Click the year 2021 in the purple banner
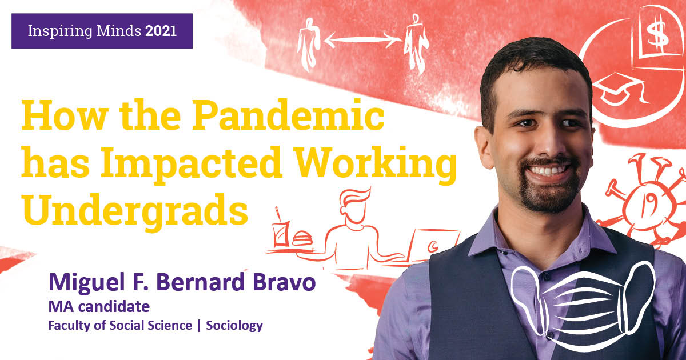point(161,31)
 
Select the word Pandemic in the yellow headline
point(288,115)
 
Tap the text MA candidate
point(99,307)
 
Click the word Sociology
point(234,326)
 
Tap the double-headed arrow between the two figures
point(363,40)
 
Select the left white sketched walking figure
point(308,45)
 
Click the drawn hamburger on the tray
point(302,238)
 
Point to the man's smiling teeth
point(548,170)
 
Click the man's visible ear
point(485,147)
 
